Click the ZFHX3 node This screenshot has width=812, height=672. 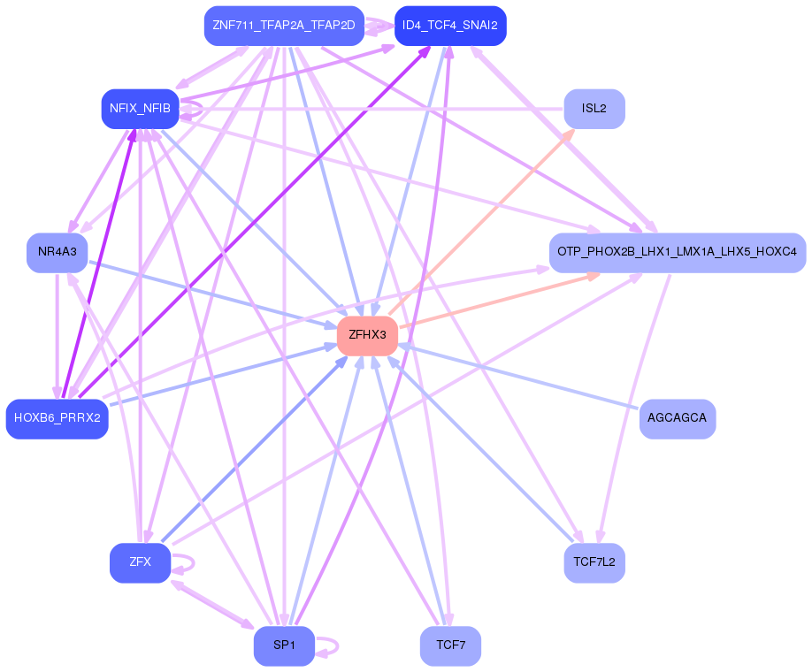tap(367, 335)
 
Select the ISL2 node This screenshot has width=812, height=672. tap(594, 109)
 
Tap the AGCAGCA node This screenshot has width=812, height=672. tap(677, 418)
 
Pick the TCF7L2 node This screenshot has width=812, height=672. tap(594, 562)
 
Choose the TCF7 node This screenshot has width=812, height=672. tap(450, 645)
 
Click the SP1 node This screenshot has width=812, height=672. tap(284, 645)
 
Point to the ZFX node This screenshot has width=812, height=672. tap(140, 562)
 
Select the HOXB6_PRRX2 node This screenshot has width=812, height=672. tap(57, 418)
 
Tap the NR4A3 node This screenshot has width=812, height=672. tap(57, 252)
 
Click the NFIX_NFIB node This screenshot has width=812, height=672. tap(140, 109)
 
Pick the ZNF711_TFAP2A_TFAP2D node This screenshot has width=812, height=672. tap(284, 26)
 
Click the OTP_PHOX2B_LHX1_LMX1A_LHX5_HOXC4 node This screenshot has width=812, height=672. tap(677, 252)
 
